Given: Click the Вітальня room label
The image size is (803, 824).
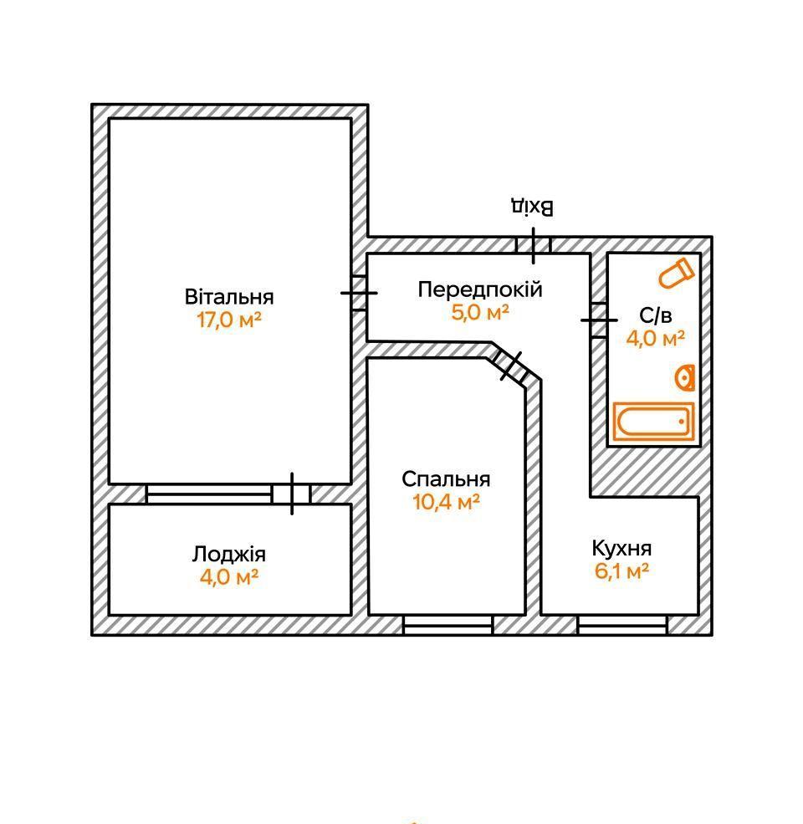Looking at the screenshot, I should pyautogui.click(x=229, y=297).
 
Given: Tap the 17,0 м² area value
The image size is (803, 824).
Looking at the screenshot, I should pyautogui.click(x=229, y=320).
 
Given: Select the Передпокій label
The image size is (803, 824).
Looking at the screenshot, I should pyautogui.click(x=480, y=289).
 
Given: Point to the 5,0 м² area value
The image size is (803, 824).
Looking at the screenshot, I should pyautogui.click(x=480, y=313).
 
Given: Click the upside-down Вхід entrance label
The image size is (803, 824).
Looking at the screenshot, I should pyautogui.click(x=533, y=207).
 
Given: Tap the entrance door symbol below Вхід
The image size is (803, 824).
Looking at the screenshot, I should pyautogui.click(x=533, y=244).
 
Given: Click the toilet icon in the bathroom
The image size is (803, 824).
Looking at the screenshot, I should pyautogui.click(x=676, y=274).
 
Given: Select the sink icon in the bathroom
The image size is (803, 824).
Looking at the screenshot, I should pyautogui.click(x=686, y=378).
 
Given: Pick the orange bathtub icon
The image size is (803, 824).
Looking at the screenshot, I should pyautogui.click(x=653, y=422).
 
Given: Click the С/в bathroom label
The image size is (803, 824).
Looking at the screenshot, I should pyautogui.click(x=656, y=315).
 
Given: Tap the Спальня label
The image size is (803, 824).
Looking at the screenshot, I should pyautogui.click(x=446, y=479).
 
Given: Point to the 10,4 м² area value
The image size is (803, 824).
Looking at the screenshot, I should pyautogui.click(x=446, y=502).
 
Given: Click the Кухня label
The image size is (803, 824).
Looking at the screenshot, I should pyautogui.click(x=621, y=549).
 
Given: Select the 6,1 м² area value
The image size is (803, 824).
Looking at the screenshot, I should pyautogui.click(x=621, y=571).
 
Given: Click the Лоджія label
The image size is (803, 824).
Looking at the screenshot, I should pyautogui.click(x=229, y=555).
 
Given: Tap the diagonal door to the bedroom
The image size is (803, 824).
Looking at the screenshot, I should pyautogui.click(x=511, y=366).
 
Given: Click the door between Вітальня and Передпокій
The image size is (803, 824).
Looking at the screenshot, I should pyautogui.click(x=359, y=293).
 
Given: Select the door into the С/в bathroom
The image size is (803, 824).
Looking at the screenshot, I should pyautogui.click(x=599, y=320).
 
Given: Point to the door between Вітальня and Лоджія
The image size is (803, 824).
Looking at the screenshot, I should pyautogui.click(x=291, y=494).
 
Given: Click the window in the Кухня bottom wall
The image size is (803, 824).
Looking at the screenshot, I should pyautogui.click(x=621, y=625).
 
